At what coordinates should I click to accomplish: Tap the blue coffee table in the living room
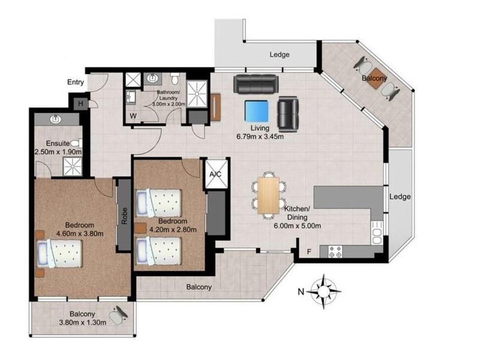coord(257,111)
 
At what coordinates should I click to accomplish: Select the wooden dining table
coord(268,195)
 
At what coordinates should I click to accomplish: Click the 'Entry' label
coord(76,82)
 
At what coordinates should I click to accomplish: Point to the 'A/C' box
coord(216,175)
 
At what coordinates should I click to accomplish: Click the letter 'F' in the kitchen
coord(309,252)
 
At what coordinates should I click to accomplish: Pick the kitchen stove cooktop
coord(335,252)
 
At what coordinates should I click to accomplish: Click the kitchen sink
coord(377,230)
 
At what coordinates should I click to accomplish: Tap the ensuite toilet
coord(75,144)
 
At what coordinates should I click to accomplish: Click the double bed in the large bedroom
coord(59,253)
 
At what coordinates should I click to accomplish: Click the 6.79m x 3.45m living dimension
coord(260,136)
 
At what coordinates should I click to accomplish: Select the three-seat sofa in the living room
coord(256,84)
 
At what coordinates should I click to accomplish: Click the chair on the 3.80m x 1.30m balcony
coord(119,314)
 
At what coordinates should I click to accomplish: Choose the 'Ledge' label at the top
coord(280,55)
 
